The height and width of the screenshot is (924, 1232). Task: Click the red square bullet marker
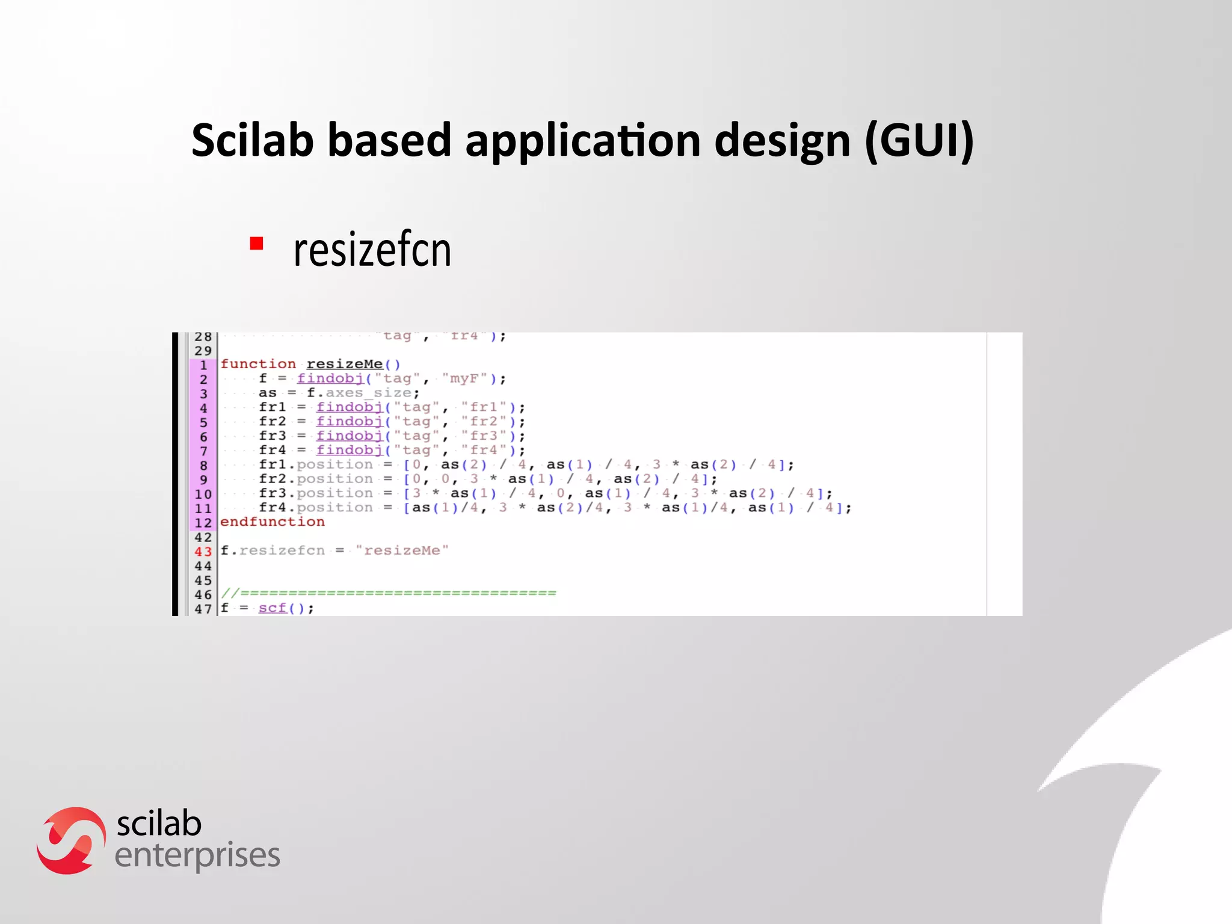point(257,244)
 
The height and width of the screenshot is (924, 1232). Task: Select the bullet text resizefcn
point(372,250)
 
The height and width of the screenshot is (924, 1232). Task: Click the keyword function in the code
point(258,364)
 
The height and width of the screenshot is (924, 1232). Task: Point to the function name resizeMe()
point(353,364)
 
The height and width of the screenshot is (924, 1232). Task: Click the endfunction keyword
point(272,522)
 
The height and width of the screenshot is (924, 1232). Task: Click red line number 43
point(203,551)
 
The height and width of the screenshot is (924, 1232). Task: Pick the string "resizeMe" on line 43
point(402,550)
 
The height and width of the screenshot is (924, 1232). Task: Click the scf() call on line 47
point(282,608)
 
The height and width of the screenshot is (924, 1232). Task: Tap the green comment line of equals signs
point(389,593)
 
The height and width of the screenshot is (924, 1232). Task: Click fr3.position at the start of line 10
point(316,493)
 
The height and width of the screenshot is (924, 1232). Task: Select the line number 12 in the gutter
point(203,523)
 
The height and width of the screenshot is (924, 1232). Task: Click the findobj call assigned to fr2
point(350,421)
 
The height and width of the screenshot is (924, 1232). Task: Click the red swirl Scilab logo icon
point(71,840)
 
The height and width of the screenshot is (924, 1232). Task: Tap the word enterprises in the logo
point(197,855)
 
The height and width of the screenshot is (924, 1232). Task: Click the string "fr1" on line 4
point(485,407)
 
